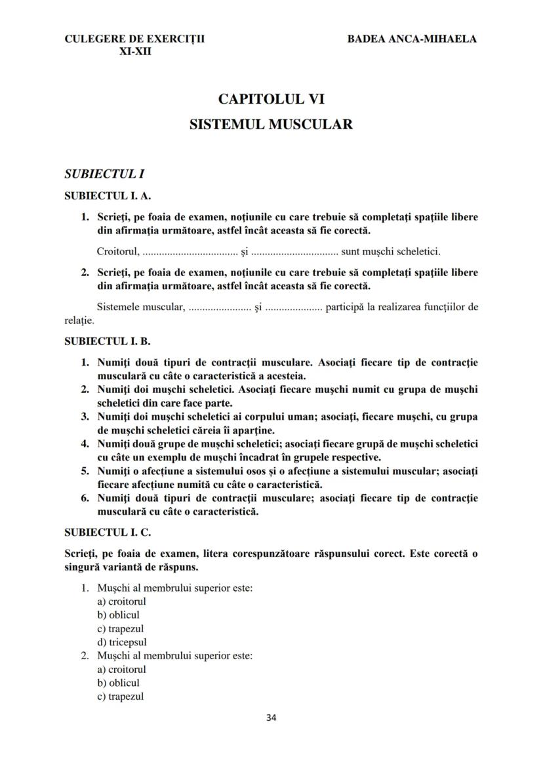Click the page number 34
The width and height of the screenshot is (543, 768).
271,717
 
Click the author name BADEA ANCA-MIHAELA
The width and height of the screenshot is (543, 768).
412,39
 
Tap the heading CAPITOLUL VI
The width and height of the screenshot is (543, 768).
271,100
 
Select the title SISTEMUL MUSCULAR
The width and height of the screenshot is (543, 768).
271,124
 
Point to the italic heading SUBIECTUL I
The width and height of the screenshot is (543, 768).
104,174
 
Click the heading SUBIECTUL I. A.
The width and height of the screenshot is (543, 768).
108,195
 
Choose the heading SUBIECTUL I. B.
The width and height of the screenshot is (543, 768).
108,342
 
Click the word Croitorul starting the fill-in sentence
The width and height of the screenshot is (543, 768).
117,251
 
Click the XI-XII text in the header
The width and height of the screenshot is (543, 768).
135,51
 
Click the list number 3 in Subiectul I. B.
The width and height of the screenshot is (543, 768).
85,416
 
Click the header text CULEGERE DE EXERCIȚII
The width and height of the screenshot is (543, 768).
134,39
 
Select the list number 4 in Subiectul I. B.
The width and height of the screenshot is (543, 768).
85,444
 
